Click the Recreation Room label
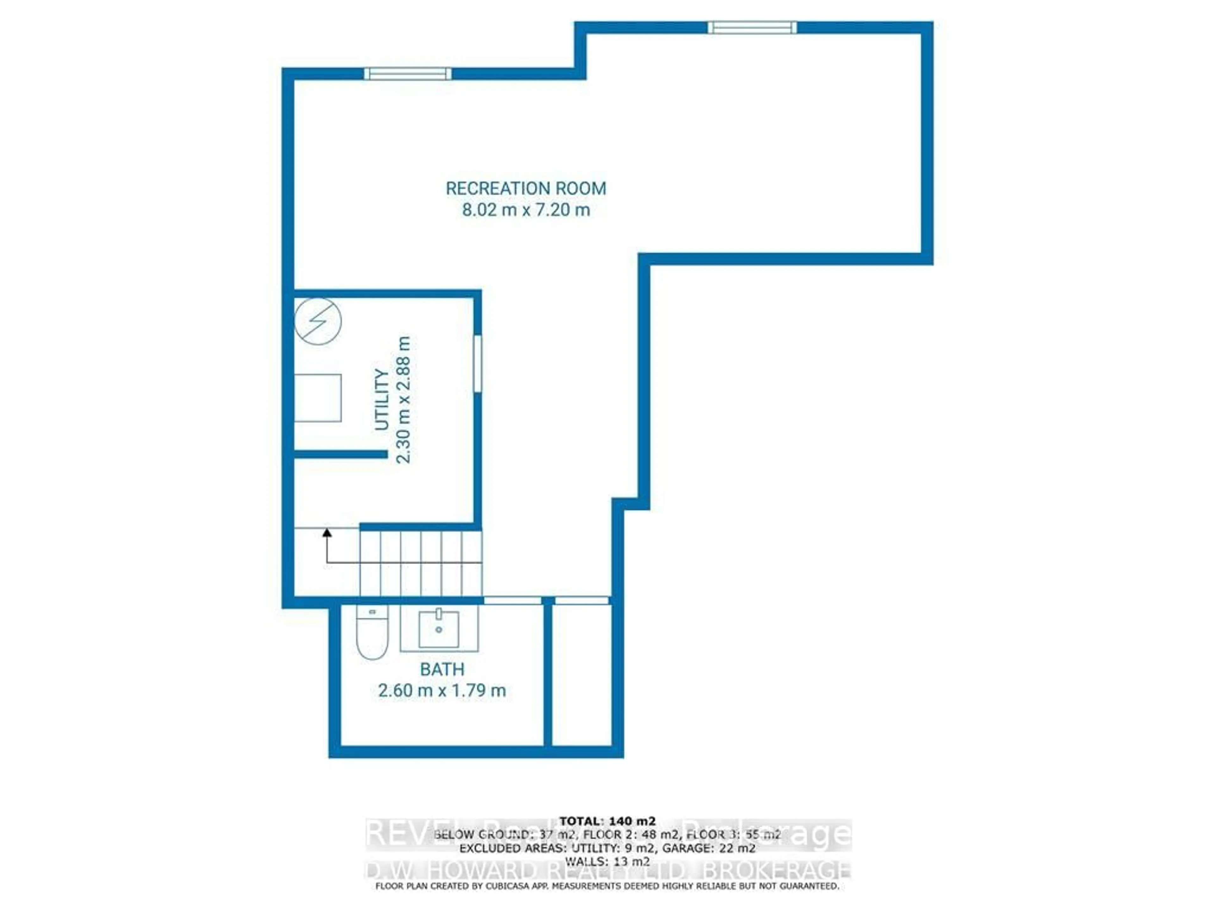coord(526,188)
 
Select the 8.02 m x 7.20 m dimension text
coord(526,210)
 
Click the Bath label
coord(442,669)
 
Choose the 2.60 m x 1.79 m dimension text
coord(442,690)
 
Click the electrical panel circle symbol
coord(318,321)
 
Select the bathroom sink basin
coord(439,629)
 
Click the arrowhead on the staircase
coord(327,532)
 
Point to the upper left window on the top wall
coord(408,74)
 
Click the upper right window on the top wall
coord(752,28)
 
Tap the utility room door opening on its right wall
coord(477,363)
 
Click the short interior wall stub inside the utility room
coord(340,454)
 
